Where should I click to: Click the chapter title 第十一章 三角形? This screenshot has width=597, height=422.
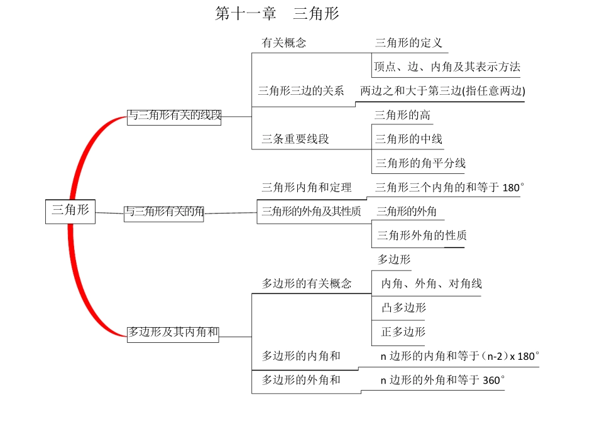[277, 14]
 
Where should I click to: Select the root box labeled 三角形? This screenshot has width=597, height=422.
[70, 211]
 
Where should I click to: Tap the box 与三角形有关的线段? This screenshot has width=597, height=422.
[174, 116]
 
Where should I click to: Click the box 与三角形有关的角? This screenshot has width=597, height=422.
[163, 212]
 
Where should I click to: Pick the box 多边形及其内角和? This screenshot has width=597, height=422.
[173, 333]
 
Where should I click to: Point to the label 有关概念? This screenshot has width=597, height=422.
[284, 43]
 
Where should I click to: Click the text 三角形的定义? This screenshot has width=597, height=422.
[408, 43]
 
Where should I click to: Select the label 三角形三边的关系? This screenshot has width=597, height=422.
[301, 90]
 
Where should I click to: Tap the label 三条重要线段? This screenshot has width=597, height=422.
[295, 139]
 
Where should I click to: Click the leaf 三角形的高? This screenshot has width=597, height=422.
[403, 115]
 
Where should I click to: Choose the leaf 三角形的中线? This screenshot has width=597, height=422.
[408, 139]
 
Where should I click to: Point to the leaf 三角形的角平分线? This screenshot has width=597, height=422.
[420, 163]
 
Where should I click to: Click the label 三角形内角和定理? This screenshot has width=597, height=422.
[307, 187]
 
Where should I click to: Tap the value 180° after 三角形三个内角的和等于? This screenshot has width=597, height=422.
[513, 188]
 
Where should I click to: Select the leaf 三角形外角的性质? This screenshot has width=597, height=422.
[422, 235]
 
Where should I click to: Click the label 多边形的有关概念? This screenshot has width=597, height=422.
[307, 284]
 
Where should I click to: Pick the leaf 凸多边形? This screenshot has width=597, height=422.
[403, 308]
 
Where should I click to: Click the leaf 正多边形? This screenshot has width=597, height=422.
[403, 332]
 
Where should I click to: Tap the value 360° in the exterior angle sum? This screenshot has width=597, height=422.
[494, 380]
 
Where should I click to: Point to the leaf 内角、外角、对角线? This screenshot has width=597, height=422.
[431, 284]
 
